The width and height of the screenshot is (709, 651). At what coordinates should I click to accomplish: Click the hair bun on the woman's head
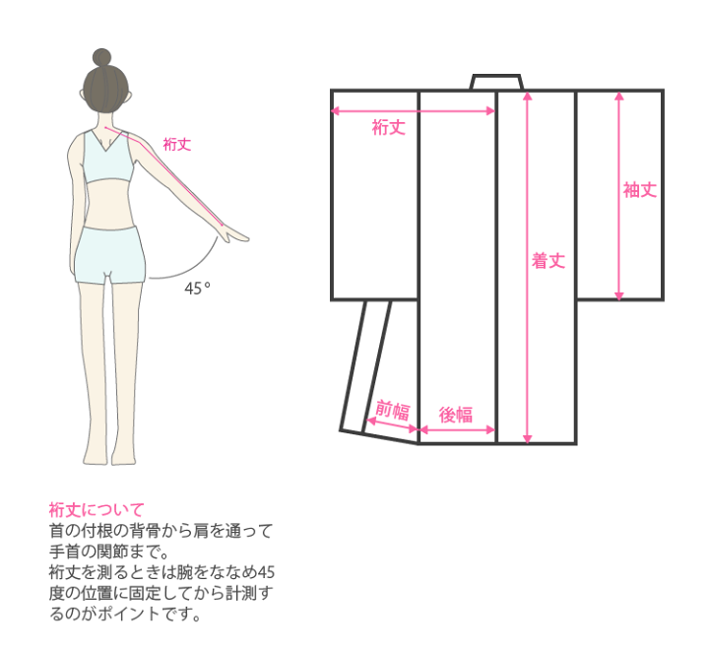pos(101,58)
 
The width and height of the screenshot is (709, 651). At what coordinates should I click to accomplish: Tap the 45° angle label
pos(197,288)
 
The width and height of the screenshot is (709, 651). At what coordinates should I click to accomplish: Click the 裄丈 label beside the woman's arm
pos(177,144)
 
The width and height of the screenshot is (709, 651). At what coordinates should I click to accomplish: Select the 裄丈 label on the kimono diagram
pos(388,127)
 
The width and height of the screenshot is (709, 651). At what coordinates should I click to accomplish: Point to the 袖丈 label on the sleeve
pos(640,190)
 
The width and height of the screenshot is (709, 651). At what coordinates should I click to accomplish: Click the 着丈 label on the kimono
pos(548,261)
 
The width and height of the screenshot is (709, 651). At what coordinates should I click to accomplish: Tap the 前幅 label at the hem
pos(393,411)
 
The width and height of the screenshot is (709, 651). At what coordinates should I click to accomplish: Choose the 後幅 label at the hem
pos(456,415)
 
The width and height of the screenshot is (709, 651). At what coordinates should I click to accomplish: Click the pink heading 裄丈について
pos(97,509)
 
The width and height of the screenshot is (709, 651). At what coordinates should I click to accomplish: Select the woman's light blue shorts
pos(110,255)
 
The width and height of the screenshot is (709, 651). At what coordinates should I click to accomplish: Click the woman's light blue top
pos(108,156)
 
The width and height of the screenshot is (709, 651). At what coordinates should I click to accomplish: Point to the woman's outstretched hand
pos(232,233)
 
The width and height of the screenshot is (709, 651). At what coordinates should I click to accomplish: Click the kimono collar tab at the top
pos(496,83)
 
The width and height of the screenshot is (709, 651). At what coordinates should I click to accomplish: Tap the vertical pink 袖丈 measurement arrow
pos(619,196)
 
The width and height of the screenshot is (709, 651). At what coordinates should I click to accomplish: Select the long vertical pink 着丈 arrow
pos(527,268)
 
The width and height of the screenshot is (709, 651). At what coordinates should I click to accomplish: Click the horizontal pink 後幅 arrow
pos(457,429)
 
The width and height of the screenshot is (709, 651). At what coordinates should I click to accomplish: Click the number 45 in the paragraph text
pos(266,572)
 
